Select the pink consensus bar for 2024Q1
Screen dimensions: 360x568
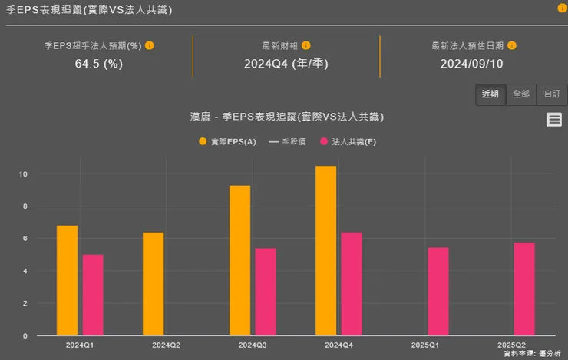(x=93, y=295)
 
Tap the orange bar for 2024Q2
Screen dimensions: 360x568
(x=154, y=284)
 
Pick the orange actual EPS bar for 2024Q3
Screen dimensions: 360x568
(x=239, y=260)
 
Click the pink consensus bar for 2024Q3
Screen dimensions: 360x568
(x=266, y=292)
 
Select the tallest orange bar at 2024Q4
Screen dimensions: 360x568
(x=325, y=250)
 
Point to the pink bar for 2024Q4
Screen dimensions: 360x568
(x=352, y=284)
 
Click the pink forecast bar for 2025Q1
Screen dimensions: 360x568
(x=438, y=291)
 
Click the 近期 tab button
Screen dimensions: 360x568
(x=490, y=94)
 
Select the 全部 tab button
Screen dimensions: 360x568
(x=521, y=94)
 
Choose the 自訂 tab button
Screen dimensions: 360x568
(x=552, y=94)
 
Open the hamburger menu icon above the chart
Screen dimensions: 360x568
(x=554, y=119)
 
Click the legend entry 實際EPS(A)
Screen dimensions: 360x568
(x=227, y=142)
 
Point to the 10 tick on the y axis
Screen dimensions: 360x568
(x=23, y=174)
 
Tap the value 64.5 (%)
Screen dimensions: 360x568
(x=99, y=64)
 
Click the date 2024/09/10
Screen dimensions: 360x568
(x=471, y=64)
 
